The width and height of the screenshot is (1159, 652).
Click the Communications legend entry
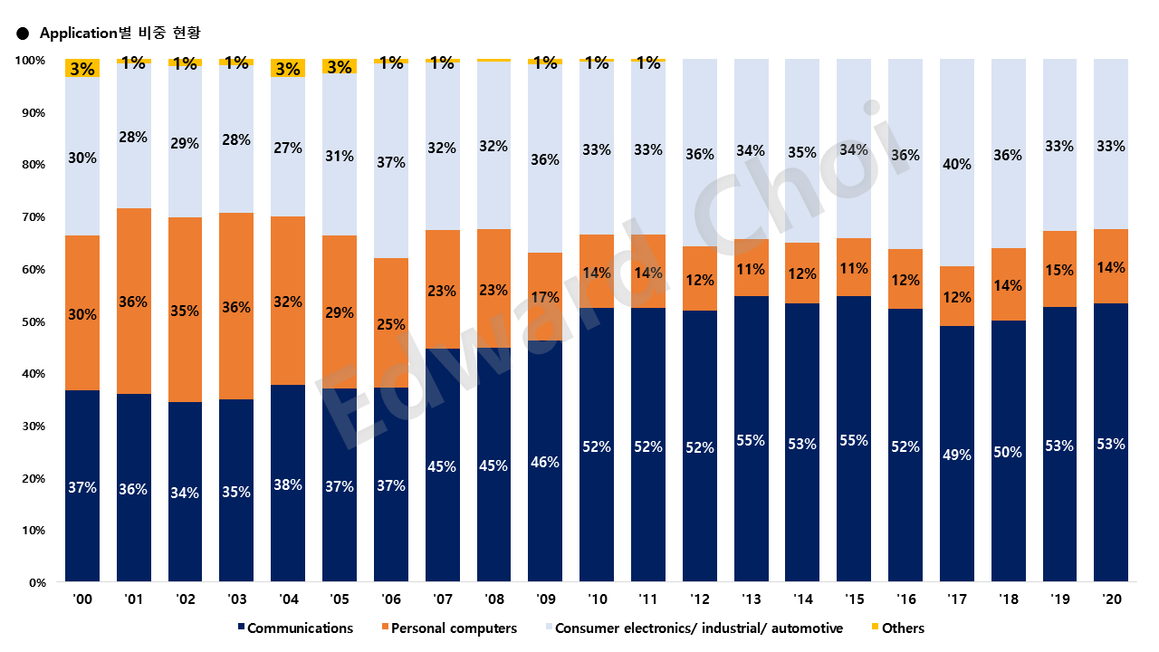click(300, 628)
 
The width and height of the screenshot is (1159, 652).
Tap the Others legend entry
click(903, 628)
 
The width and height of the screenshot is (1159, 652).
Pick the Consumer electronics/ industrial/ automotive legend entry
click(698, 628)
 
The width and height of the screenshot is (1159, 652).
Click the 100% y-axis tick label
click(30, 61)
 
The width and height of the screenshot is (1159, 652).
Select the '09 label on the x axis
click(545, 600)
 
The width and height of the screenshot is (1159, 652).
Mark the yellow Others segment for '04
click(288, 68)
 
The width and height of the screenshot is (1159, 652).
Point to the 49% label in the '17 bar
click(957, 455)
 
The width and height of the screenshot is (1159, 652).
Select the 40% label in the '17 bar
click(957, 164)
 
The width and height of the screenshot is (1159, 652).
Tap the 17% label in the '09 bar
click(545, 296)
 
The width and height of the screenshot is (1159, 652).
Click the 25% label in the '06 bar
click(391, 323)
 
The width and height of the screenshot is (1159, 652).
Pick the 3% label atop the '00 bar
click(82, 68)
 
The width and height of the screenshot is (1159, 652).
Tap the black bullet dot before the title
click(23, 34)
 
